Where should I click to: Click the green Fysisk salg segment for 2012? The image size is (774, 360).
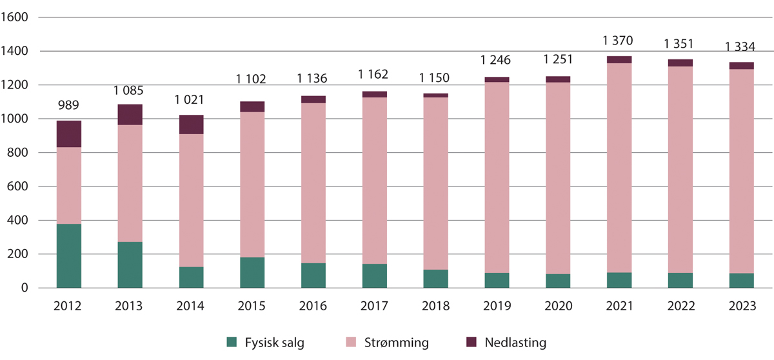[x=68, y=255]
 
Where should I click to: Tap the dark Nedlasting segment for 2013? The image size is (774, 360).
[x=130, y=114]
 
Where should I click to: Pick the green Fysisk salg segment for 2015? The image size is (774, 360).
[x=252, y=272]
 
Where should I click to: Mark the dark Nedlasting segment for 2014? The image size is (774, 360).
[x=191, y=125]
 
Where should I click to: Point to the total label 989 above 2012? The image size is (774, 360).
[x=68, y=106]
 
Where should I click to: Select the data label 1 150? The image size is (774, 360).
[x=436, y=79]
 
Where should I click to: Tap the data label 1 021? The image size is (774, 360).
[x=191, y=101]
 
